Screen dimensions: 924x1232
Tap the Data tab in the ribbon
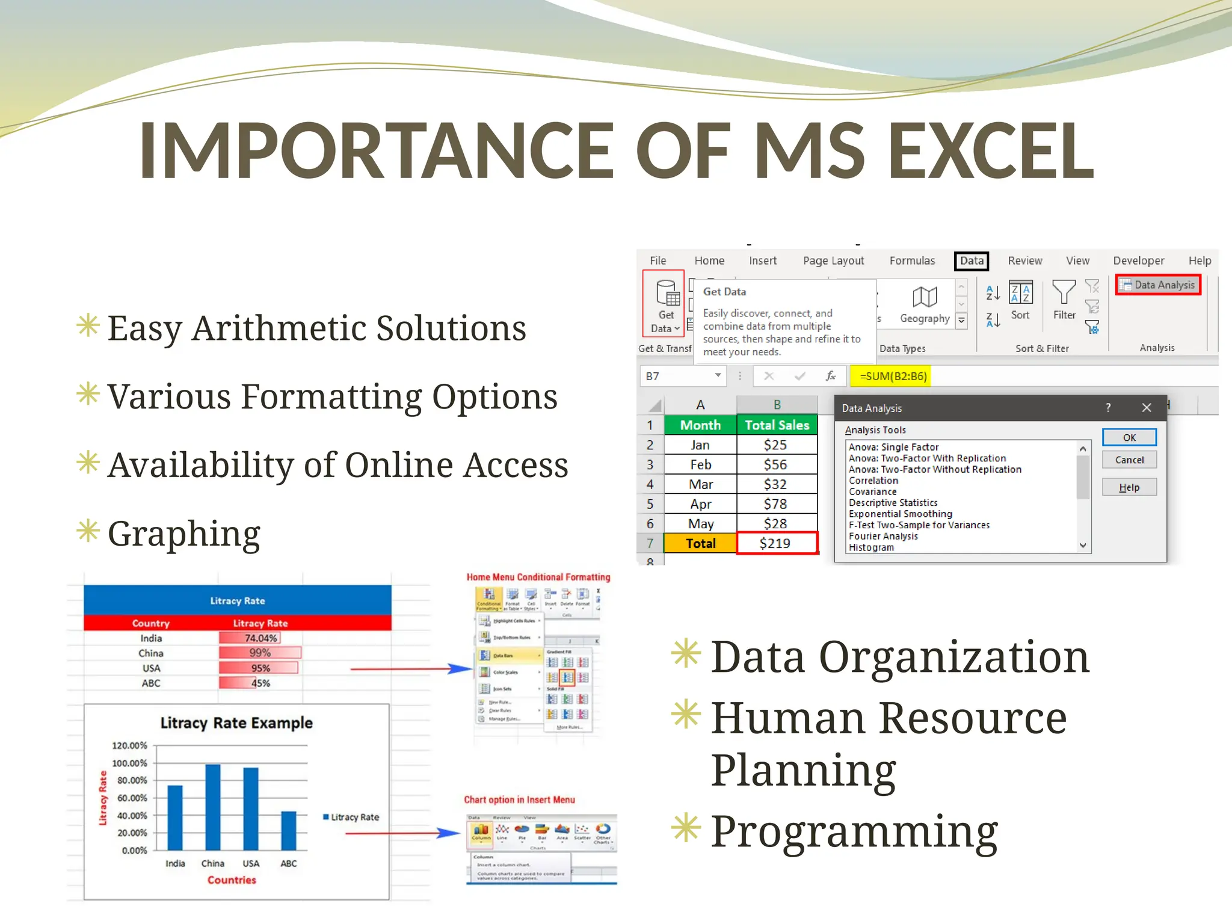tap(971, 260)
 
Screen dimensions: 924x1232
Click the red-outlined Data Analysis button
tap(1158, 285)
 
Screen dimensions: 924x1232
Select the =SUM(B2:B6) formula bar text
tap(893, 376)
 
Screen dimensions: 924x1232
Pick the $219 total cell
tap(776, 543)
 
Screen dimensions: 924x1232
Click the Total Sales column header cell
tap(776, 425)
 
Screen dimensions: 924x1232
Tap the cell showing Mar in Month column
tap(700, 484)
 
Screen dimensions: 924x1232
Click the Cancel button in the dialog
tap(1129, 460)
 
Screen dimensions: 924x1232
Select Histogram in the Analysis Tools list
tap(871, 547)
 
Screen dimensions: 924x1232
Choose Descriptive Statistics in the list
tap(893, 502)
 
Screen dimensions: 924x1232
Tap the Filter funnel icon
tap(1064, 292)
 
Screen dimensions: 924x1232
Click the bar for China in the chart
tap(212, 806)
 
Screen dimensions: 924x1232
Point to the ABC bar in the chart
tap(289, 830)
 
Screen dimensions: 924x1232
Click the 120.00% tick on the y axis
tap(129, 745)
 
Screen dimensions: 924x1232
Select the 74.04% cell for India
tap(260, 638)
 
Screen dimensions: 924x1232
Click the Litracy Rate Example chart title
tap(236, 722)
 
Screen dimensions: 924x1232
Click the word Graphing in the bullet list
tap(183, 534)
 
